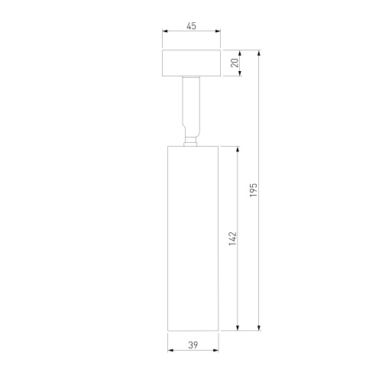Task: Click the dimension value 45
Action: [192, 26]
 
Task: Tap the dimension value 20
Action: [235, 63]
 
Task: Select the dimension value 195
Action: [254, 189]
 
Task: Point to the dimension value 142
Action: [233, 238]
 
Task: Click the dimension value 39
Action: [193, 345]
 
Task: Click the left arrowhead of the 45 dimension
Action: [165, 31]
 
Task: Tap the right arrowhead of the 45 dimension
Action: [218, 31]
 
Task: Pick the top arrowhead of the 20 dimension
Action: [240, 53]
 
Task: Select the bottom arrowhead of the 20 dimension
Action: [240, 73]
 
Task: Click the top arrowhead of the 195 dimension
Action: [259, 53]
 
